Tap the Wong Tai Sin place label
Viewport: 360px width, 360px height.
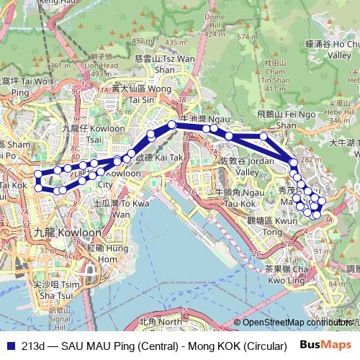pos(133,94)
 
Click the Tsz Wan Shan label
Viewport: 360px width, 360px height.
pos(155,61)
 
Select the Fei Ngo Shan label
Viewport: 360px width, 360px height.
pos(276,119)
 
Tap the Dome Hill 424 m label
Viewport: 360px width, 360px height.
pos(215,25)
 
